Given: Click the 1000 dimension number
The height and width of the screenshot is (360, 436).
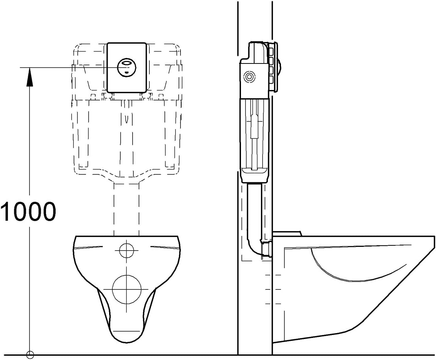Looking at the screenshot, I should [x=28, y=212].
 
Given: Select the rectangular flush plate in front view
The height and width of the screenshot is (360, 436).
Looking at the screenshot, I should [x=126, y=52].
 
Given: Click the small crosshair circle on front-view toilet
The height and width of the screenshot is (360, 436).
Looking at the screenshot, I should [x=127, y=250].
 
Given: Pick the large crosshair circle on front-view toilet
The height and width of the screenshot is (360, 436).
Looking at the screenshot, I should [x=127, y=289].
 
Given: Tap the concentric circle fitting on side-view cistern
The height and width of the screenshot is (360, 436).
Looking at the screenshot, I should [x=248, y=77].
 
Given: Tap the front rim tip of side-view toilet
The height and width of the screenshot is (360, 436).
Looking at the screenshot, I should [x=433, y=239].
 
